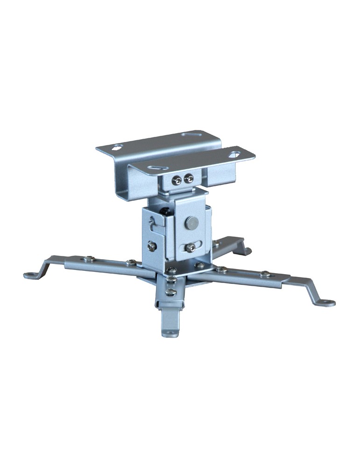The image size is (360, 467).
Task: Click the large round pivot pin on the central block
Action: [191, 223]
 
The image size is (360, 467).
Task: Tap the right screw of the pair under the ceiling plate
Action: [189, 178]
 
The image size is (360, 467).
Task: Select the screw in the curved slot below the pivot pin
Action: [190, 248]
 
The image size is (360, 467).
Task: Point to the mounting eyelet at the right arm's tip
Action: [329, 303]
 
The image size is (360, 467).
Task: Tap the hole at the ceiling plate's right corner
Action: [232, 152]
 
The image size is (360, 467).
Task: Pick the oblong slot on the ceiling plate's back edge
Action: [191, 135]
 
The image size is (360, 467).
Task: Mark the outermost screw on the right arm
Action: [267, 274]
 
